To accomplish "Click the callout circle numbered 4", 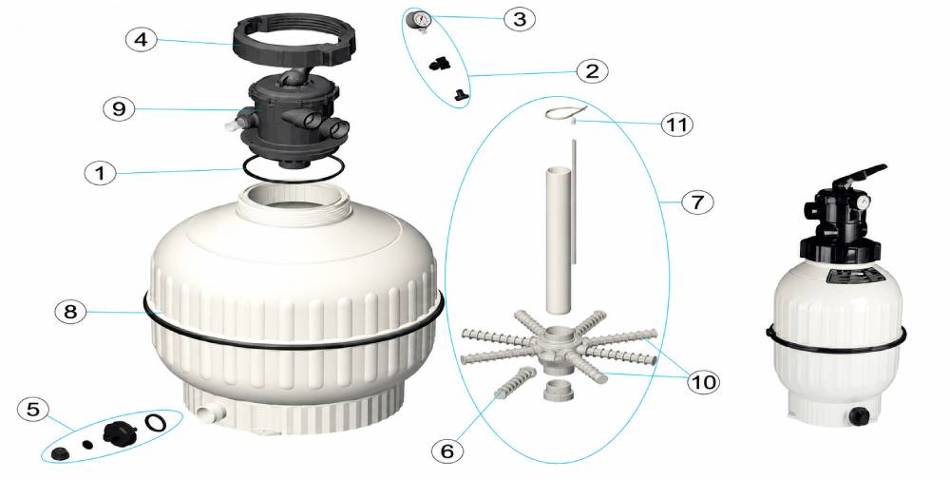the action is (142, 39).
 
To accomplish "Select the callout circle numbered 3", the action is (520, 19).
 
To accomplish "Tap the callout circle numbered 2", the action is (591, 71).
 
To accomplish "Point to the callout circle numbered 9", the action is (119, 109).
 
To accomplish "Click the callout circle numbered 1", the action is (100, 173).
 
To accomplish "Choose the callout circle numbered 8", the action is (71, 312).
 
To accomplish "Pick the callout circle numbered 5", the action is (32, 409).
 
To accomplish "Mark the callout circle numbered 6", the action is (447, 451).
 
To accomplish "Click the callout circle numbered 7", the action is (697, 202).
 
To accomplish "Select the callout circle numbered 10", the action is (703, 382).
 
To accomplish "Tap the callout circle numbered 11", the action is (676, 125).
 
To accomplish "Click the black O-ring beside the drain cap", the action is (156, 421).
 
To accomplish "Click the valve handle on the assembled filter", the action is (859, 176).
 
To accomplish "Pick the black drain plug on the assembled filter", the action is (859, 415).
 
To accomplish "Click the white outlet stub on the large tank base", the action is (210, 413).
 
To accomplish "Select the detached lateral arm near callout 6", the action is (514, 383).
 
